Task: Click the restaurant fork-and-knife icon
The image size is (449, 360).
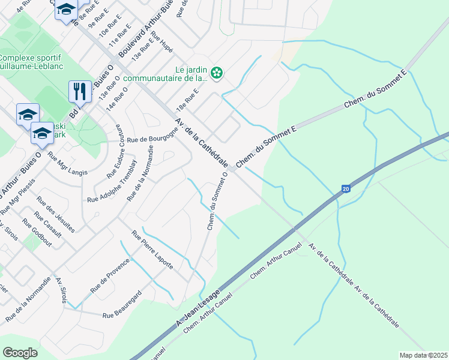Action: point(80,91)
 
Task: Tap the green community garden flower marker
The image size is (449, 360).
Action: point(217,74)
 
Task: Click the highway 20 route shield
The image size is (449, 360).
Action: point(346,188)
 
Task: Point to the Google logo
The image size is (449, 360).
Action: point(20,353)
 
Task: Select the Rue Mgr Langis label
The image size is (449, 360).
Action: point(67,164)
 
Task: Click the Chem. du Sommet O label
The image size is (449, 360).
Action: point(217,199)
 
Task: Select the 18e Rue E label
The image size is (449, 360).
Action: point(187,99)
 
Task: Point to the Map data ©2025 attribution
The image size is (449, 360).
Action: point(423,355)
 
